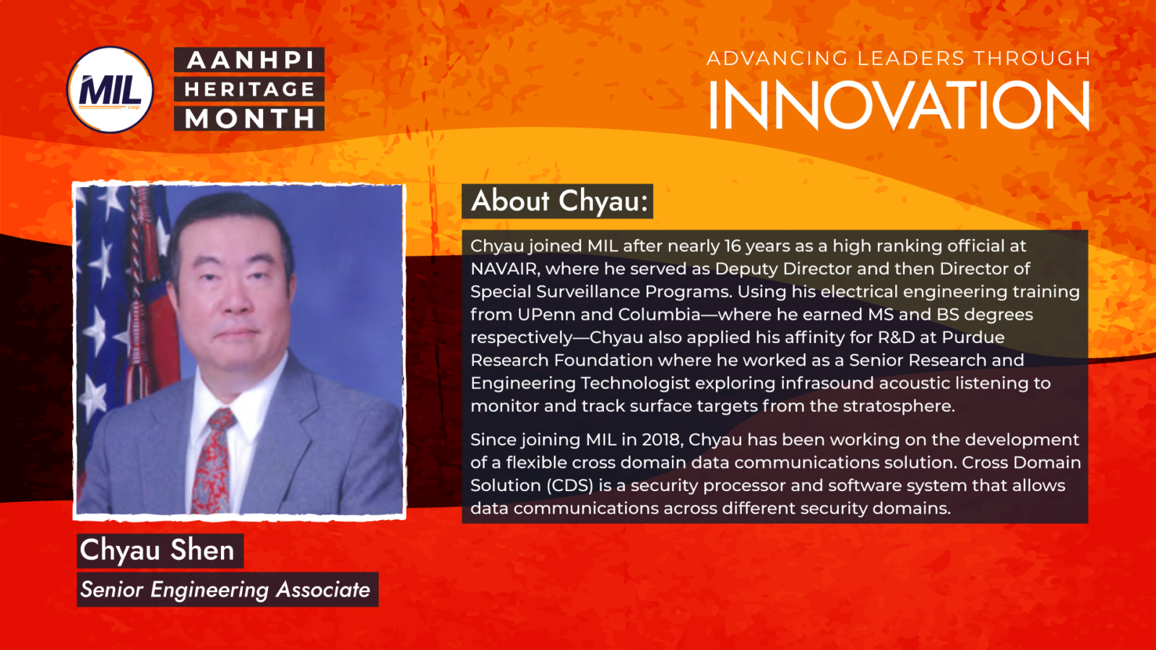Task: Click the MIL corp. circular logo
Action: (x=110, y=90)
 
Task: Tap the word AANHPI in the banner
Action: (x=250, y=60)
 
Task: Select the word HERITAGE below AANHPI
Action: (x=250, y=90)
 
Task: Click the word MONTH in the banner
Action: (x=250, y=118)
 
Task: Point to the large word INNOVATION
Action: (x=898, y=106)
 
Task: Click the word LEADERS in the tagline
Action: (x=910, y=58)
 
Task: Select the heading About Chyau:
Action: (x=558, y=201)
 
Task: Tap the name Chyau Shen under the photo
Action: (x=158, y=550)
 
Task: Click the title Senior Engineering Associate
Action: (x=225, y=590)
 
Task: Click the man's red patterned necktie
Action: (x=215, y=462)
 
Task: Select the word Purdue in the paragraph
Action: (x=972, y=337)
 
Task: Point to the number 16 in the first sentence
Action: (x=733, y=246)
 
